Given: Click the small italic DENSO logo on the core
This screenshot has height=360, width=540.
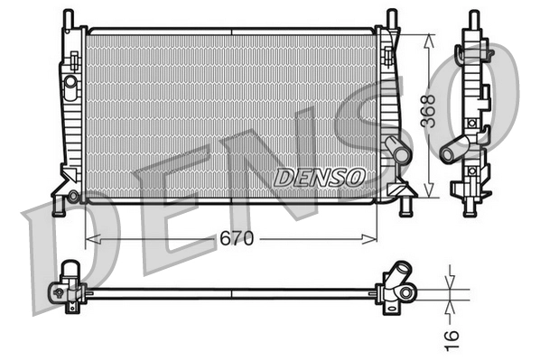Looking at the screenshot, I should (x=318, y=176).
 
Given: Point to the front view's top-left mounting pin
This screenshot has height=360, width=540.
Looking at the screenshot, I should (x=67, y=17).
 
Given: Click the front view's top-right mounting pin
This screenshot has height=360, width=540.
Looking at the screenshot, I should (x=391, y=17).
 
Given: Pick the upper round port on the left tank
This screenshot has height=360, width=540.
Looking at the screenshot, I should (x=70, y=82).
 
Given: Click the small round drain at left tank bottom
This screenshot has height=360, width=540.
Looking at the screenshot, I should (x=73, y=195).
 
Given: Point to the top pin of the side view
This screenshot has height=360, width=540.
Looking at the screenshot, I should (x=471, y=18).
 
